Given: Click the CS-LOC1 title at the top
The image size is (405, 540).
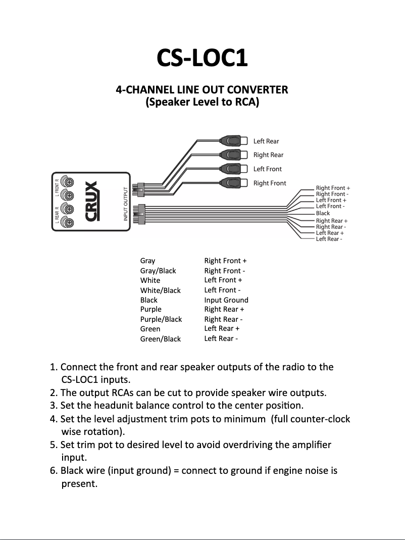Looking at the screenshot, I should coord(202,58).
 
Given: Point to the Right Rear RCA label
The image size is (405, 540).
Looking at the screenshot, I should coord(268,155).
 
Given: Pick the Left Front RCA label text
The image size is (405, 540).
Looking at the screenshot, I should coord(267,169).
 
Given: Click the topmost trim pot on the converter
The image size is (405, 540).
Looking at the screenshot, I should coord(68,182).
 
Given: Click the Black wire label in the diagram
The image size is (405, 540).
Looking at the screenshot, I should coord(323,213).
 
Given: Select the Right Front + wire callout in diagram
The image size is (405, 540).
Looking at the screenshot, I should coord(333,188).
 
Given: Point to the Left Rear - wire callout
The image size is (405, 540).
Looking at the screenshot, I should coord(329,239).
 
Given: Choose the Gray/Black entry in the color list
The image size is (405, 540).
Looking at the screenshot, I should coord(158,271).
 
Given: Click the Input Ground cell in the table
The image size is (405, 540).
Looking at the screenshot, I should coord(226,300).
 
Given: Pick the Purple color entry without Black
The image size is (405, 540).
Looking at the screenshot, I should coord(150,309).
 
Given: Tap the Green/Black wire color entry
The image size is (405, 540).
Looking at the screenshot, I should coord(160,339).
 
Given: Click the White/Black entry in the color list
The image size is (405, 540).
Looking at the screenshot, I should coord(160,290).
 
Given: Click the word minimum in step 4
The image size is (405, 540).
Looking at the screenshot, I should coord(247,419).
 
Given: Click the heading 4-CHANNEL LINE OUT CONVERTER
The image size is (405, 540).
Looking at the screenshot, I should coord(202,90).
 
